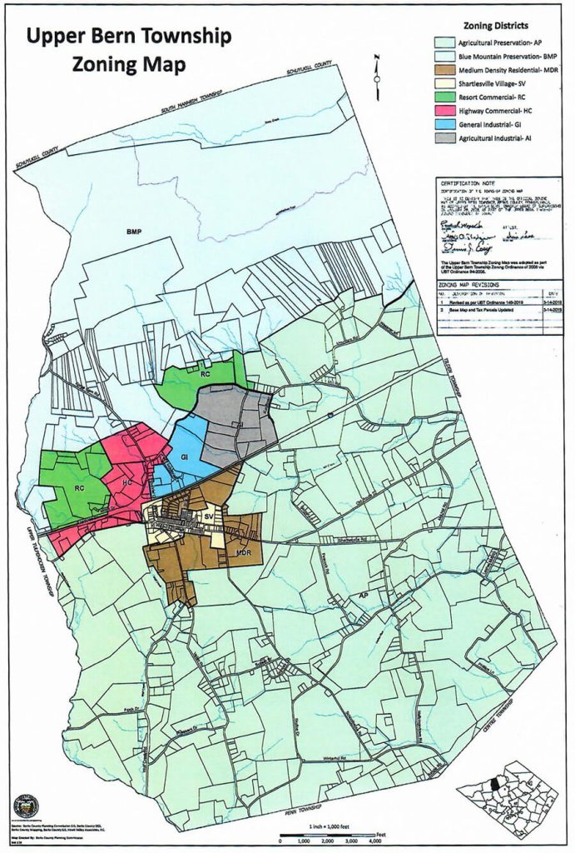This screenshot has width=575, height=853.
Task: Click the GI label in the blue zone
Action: (186, 459)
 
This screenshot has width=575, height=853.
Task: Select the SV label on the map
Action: (209, 518)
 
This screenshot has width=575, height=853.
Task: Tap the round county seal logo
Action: (26, 806)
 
